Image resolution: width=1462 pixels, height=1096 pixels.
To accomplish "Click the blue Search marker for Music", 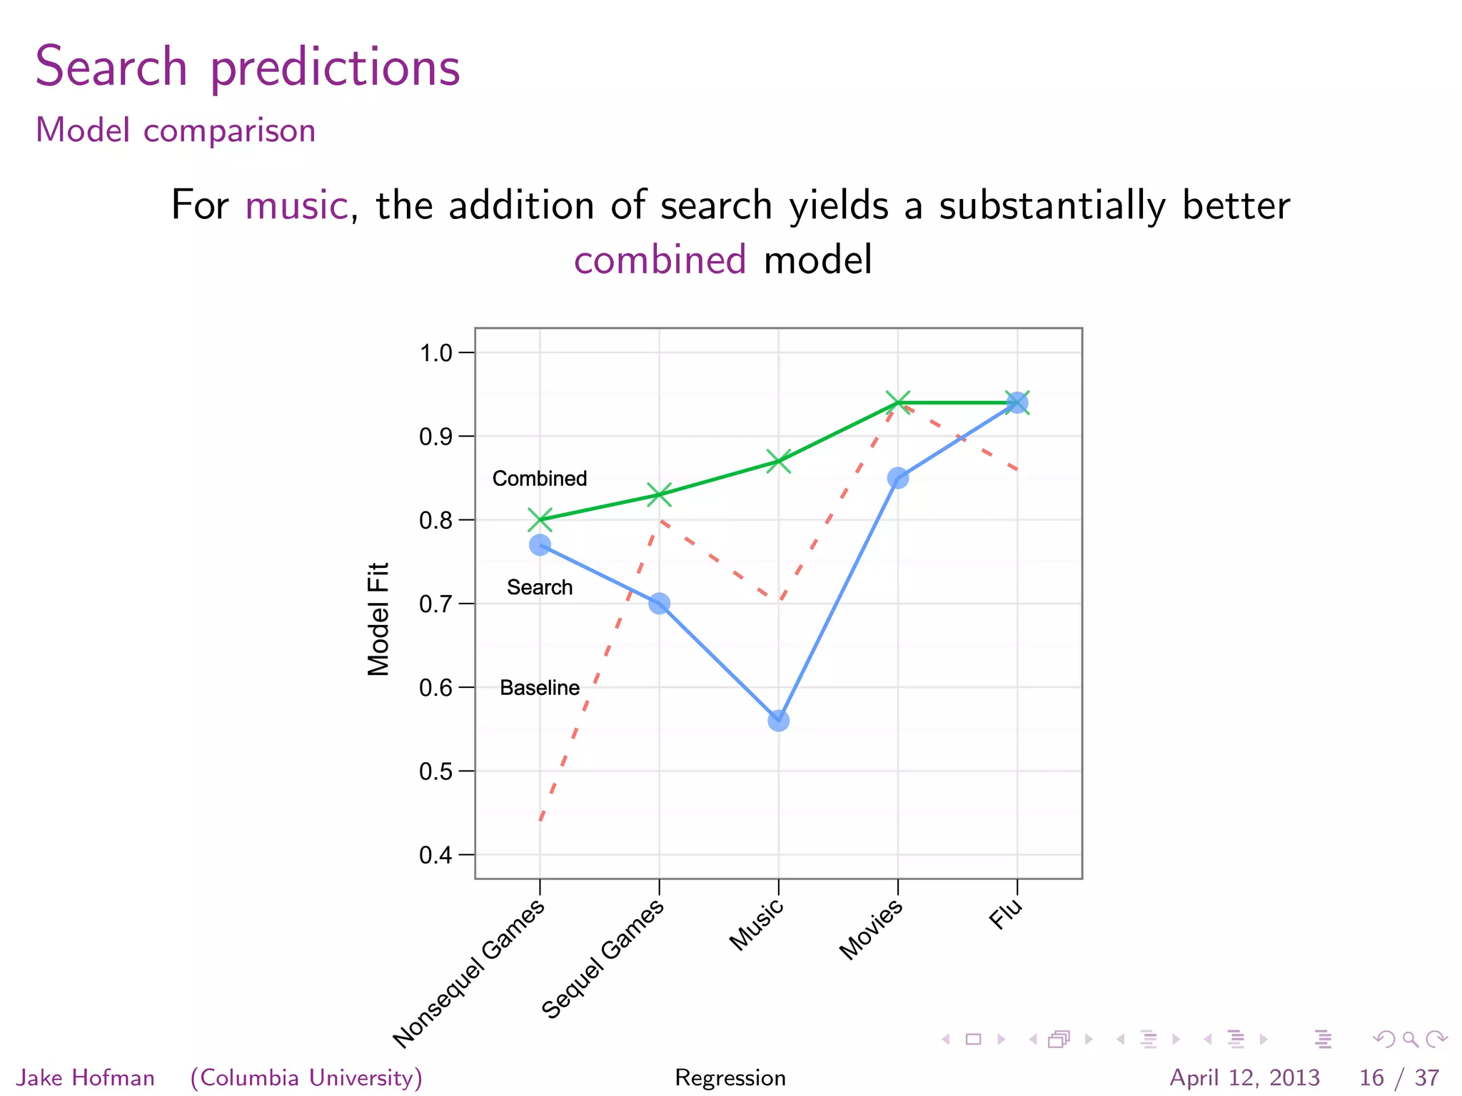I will (x=778, y=721).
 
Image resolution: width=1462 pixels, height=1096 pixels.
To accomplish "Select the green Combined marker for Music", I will (x=778, y=461).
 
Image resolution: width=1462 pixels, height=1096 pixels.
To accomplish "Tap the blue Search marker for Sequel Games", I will (x=659, y=604).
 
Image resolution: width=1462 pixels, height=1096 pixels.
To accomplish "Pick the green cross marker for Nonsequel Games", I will (x=540, y=519).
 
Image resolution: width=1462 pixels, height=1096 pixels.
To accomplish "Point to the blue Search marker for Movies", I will (x=897, y=478).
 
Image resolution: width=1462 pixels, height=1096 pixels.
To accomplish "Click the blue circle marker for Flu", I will (x=1017, y=403).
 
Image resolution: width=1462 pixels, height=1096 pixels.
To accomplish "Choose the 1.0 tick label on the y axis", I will (x=436, y=352).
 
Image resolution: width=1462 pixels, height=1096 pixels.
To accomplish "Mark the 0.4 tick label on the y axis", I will (x=436, y=855).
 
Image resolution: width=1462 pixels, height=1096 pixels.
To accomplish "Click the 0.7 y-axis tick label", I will (x=436, y=604).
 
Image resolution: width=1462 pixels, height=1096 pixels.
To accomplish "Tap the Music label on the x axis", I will (x=757, y=925).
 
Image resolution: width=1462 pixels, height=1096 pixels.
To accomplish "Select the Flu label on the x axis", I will (x=1006, y=914).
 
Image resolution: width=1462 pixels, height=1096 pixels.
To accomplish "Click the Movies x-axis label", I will (x=871, y=929).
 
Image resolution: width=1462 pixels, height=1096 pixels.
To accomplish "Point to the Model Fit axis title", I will (x=378, y=619).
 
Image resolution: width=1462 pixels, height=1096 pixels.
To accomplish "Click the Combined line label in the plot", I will (x=540, y=478).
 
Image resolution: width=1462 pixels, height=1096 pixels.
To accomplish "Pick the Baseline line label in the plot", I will (x=540, y=688).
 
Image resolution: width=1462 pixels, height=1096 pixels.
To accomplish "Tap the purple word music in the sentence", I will (x=296, y=205).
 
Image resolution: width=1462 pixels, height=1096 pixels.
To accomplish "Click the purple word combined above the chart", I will (x=660, y=260).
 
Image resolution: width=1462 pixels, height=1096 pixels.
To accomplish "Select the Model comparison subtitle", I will (x=176, y=131).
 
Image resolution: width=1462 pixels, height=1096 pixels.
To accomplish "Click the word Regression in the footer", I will (x=730, y=1077).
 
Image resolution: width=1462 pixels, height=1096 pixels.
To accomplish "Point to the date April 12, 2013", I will (x=1244, y=1077).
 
